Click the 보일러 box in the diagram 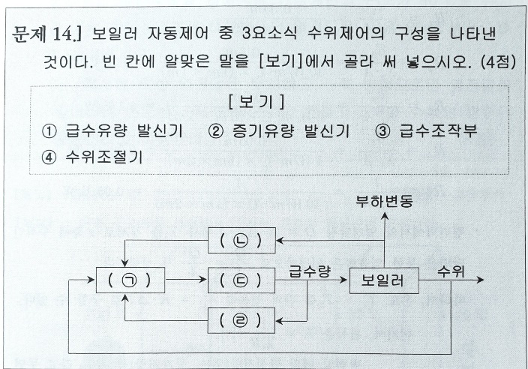point(382,281)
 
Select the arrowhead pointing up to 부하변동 point(382,217)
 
